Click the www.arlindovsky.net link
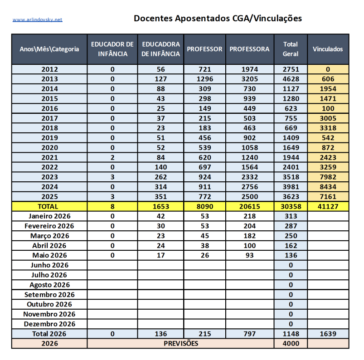pos(37,19)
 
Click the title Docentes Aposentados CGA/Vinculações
pos(218,19)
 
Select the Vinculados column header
pos(328,49)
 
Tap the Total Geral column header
pos(290,49)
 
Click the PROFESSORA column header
pos(249,49)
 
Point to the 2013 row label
pos(49,79)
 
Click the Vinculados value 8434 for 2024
pos(328,187)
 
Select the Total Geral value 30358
pos(290,206)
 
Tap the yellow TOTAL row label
pos(49,206)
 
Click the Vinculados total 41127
pos(328,206)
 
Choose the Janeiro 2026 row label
pos(49,216)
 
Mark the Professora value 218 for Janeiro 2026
pos(249,216)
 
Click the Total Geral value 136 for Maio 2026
pos(290,255)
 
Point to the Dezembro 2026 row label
pos(49,324)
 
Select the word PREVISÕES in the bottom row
pos(180,343)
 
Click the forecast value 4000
pos(290,343)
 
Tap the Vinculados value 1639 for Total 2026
pos(328,334)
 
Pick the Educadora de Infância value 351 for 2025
pos(161,197)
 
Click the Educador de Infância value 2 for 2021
pos(112,157)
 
